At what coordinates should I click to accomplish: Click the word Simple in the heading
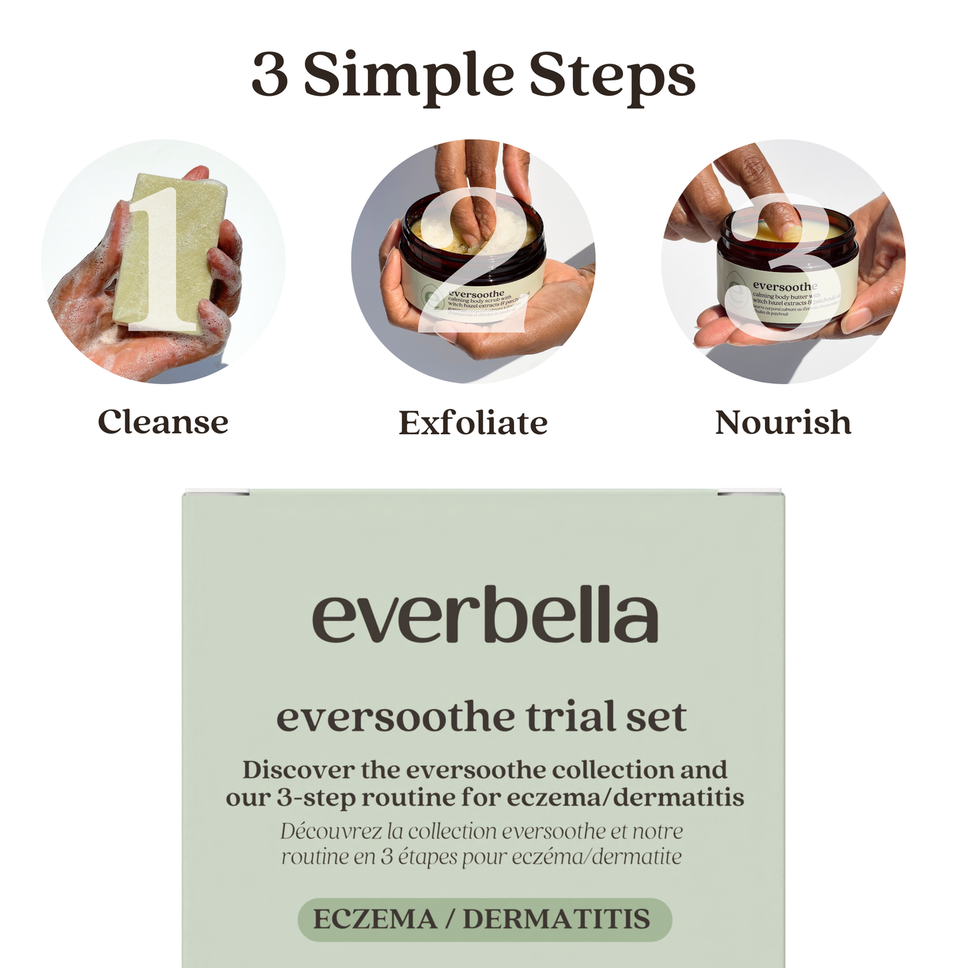[408, 76]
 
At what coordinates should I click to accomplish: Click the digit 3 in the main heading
[270, 76]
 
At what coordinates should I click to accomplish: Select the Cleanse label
[163, 423]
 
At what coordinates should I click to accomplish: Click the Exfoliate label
[473, 423]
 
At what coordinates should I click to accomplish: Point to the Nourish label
[782, 423]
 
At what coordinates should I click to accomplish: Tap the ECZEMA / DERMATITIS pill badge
[484, 919]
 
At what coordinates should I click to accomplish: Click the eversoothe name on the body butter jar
[784, 287]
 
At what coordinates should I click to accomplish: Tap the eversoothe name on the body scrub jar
[476, 293]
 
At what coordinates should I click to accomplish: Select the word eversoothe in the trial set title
[395, 717]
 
